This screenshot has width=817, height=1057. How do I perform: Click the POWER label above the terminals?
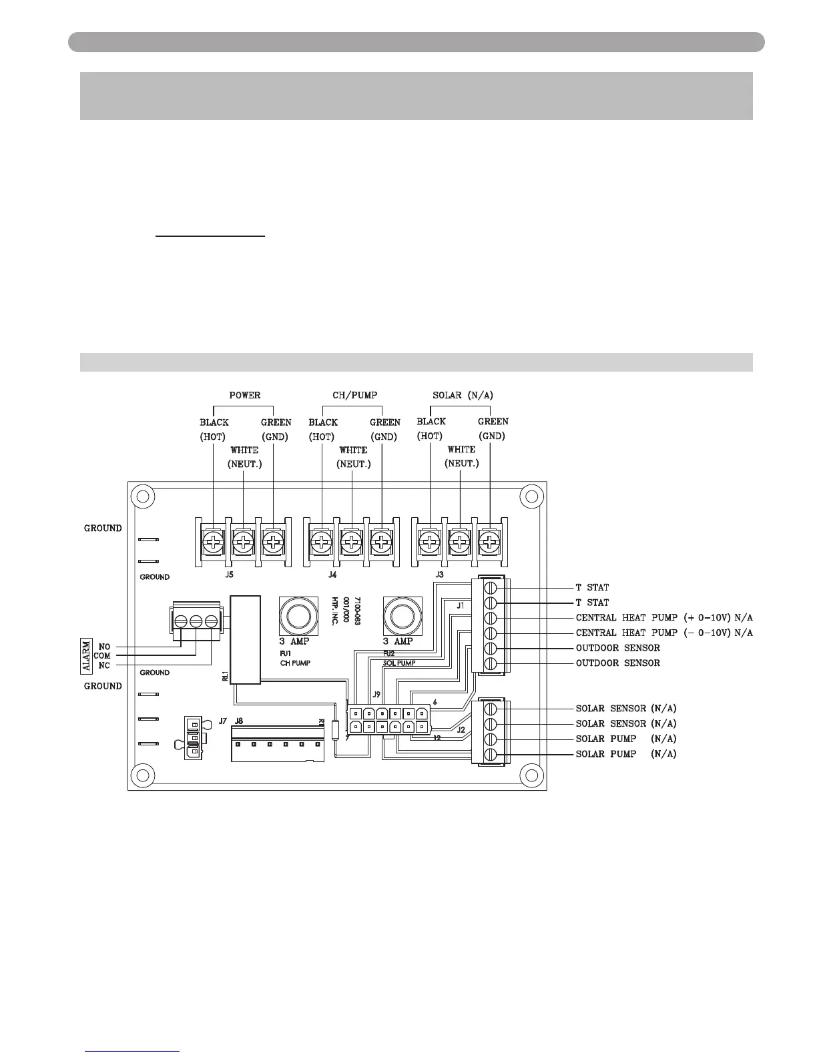point(245,395)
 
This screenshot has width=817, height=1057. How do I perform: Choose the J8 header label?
point(239,721)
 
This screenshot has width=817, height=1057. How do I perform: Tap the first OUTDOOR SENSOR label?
point(617,648)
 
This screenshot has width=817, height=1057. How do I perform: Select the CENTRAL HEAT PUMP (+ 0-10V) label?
point(663,617)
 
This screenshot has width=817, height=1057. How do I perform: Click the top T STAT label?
point(592,587)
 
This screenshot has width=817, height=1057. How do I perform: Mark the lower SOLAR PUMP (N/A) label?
point(625,754)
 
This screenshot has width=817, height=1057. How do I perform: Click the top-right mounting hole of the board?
point(531,497)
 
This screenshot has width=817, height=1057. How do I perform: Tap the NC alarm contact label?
point(104,665)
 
